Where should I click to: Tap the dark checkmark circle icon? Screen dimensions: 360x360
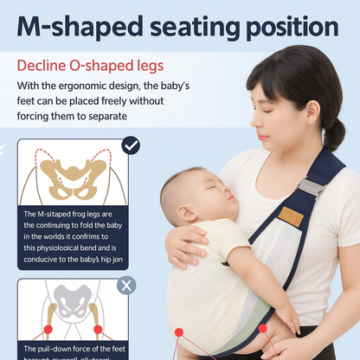click(130, 145)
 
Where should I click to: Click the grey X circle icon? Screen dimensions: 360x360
click(126, 285)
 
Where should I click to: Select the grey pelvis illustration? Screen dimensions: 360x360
click(73, 307)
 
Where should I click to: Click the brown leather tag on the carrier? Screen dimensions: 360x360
click(292, 216)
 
